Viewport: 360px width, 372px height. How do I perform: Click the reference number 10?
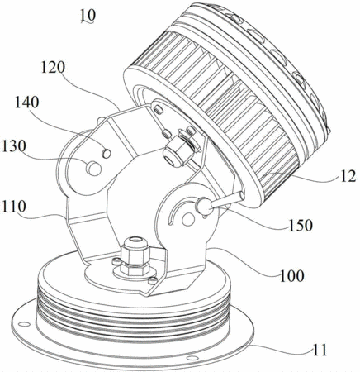pos(88,16)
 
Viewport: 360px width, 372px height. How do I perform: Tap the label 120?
pos(53,68)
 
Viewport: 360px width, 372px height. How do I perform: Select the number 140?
pos(26,103)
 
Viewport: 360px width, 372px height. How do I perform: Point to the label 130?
pos(13,146)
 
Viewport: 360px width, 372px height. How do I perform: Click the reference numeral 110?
pos(13,207)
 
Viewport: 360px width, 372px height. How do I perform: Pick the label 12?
pos(348,176)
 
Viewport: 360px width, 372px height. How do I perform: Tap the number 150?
pos(301,226)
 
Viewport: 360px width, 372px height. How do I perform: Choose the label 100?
pos(292,275)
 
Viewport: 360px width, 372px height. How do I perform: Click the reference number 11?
pos(320,350)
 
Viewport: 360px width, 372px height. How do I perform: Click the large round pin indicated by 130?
pos(93,169)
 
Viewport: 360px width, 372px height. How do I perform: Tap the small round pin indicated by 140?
pos(107,153)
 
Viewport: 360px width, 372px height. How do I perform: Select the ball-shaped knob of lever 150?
pos(205,207)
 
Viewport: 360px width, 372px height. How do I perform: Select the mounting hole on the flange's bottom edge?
pos(190,358)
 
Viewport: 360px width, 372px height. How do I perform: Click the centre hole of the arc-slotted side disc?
pos(188,220)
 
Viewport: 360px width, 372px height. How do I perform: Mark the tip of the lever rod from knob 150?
pos(242,194)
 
